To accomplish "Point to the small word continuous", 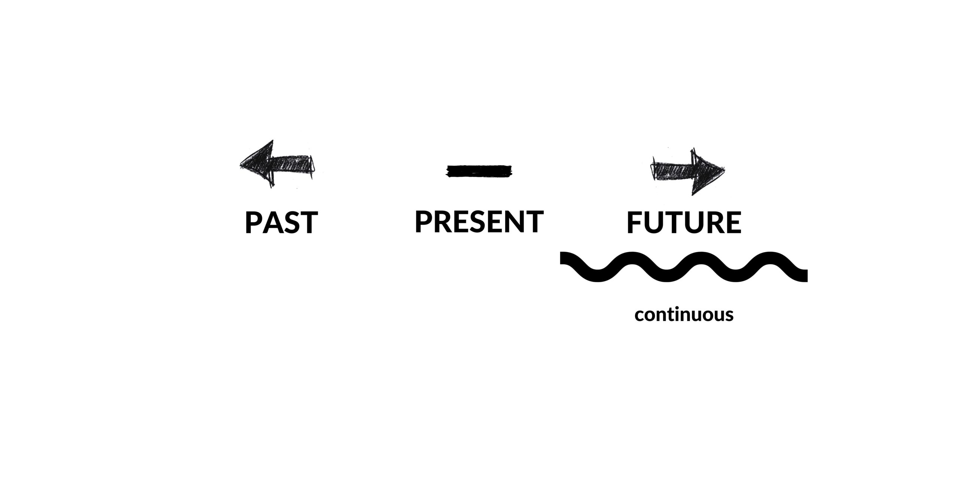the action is pos(684,315).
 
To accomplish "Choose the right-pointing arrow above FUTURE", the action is pos(688,171).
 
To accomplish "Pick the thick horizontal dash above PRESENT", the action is pos(479,171).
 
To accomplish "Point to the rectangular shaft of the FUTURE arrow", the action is pos(672,171).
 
